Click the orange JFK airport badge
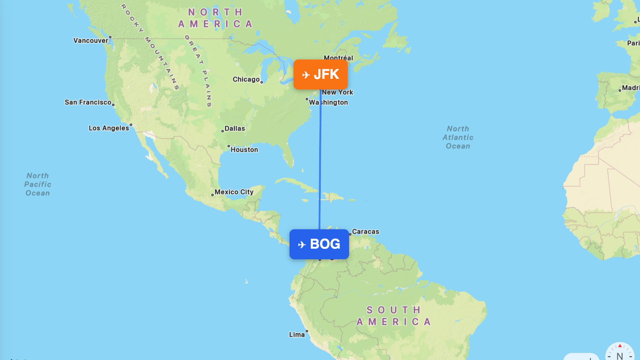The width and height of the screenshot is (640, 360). point(320,74)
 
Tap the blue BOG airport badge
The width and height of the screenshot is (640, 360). point(319,244)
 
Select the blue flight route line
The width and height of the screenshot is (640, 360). point(320,160)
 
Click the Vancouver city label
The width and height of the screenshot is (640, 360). point(91,40)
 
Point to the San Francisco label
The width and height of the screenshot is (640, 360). point(88,102)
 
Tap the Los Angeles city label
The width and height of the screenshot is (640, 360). point(109,128)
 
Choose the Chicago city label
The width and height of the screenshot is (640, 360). point(246,79)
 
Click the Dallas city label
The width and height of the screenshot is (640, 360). point(234,128)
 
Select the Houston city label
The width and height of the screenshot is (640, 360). point(244,150)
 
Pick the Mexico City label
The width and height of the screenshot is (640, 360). point(234,192)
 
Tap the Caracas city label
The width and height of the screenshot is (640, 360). point(365,232)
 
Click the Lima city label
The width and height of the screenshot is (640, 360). point(297,334)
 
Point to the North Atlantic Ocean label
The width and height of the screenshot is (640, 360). point(458,137)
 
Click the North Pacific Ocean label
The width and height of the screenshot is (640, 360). point(38,184)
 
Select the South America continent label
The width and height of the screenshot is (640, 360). point(394,316)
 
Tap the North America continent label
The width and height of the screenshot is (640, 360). point(216,18)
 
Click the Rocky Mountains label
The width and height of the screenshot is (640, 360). point(150,46)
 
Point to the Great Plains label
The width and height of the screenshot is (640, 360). point(198,70)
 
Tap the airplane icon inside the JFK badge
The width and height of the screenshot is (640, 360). point(306,75)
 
